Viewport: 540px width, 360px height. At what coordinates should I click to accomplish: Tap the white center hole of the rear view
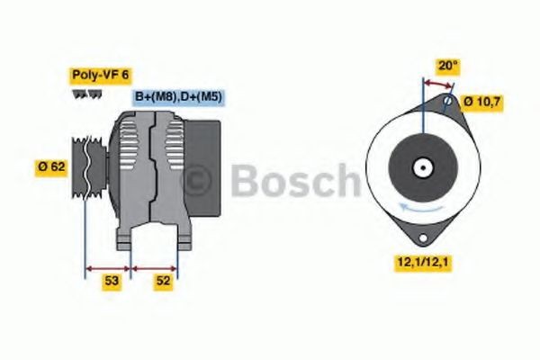pos(421,167)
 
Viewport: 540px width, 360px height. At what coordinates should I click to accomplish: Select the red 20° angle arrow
pos(438,84)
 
